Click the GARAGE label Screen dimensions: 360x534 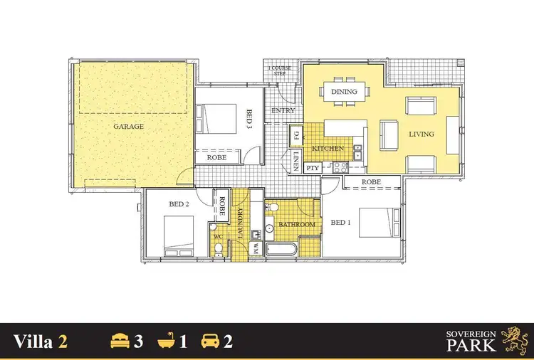click(x=128, y=127)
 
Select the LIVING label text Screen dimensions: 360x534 click(x=422, y=134)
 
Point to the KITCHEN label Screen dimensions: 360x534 click(x=328, y=149)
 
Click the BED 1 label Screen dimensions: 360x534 click(x=341, y=223)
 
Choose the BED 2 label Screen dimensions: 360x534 click(x=178, y=204)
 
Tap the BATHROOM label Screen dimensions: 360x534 click(x=297, y=225)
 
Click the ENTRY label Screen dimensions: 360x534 click(x=283, y=111)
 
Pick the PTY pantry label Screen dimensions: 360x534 click(x=313, y=169)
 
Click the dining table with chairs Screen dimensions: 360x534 click(x=346, y=91)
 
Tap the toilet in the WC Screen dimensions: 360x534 click(x=219, y=248)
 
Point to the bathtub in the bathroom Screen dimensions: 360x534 click(x=281, y=249)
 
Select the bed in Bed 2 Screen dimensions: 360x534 click(x=182, y=236)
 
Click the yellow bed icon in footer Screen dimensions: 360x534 click(x=118, y=342)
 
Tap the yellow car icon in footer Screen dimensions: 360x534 click(x=211, y=342)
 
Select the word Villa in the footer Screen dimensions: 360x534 click(x=32, y=342)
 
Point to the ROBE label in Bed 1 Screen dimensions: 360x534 click(x=370, y=182)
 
